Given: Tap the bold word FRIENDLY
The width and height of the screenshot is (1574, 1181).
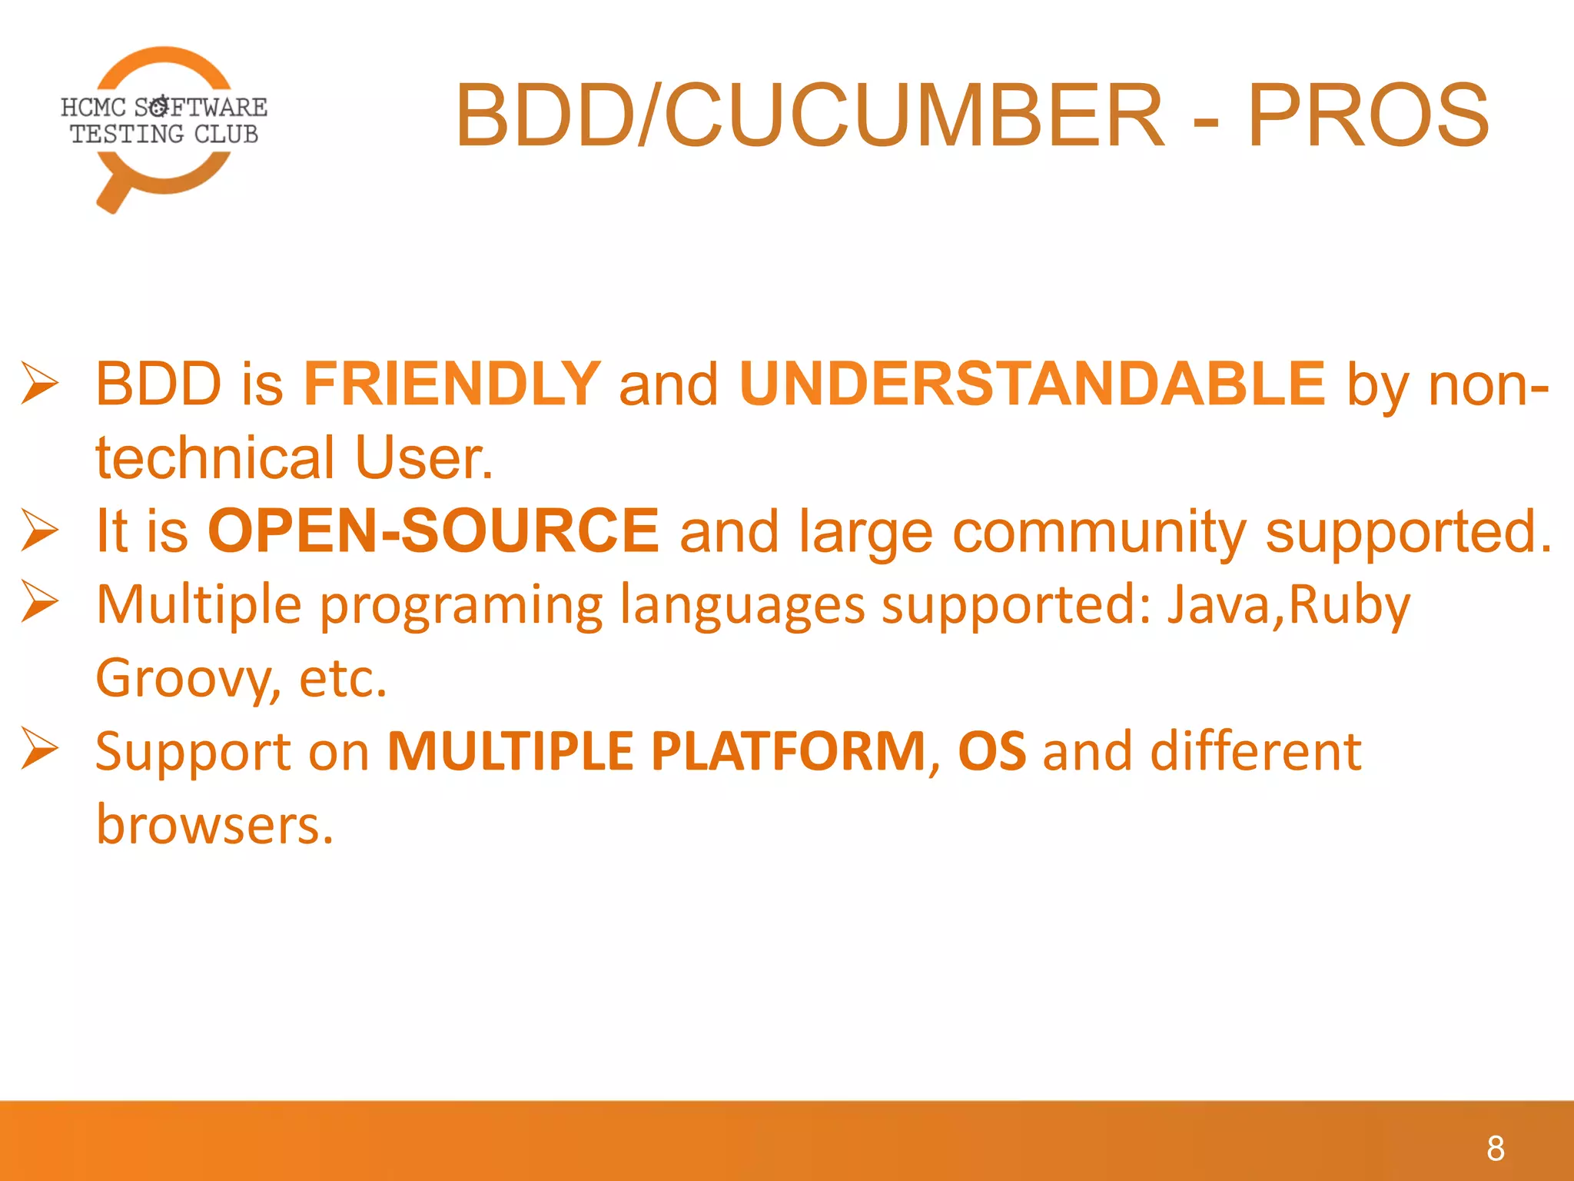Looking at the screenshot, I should tap(452, 384).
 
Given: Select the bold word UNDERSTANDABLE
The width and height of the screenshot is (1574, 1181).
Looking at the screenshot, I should tap(1032, 384).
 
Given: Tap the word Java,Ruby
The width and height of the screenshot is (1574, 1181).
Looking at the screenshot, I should tap(1289, 604).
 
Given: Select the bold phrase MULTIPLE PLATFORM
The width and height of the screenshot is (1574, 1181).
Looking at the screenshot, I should tap(657, 751).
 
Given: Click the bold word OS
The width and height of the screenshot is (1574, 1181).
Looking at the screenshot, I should tap(991, 751).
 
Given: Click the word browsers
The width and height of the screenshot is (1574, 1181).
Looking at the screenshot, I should tap(214, 824).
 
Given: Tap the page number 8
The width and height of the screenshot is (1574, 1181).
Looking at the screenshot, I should tap(1495, 1149).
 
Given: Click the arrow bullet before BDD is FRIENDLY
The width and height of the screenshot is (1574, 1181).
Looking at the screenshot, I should tap(39, 383).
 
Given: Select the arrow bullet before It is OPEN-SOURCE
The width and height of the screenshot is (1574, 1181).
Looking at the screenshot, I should tap(39, 530).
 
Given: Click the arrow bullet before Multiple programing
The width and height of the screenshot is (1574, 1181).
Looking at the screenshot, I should tap(39, 601).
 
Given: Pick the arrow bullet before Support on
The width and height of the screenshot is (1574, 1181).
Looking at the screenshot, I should tap(39, 748).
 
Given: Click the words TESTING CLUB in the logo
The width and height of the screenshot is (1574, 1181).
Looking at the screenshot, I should tap(164, 134).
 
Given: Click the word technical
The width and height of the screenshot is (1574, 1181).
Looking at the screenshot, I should tap(215, 458).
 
